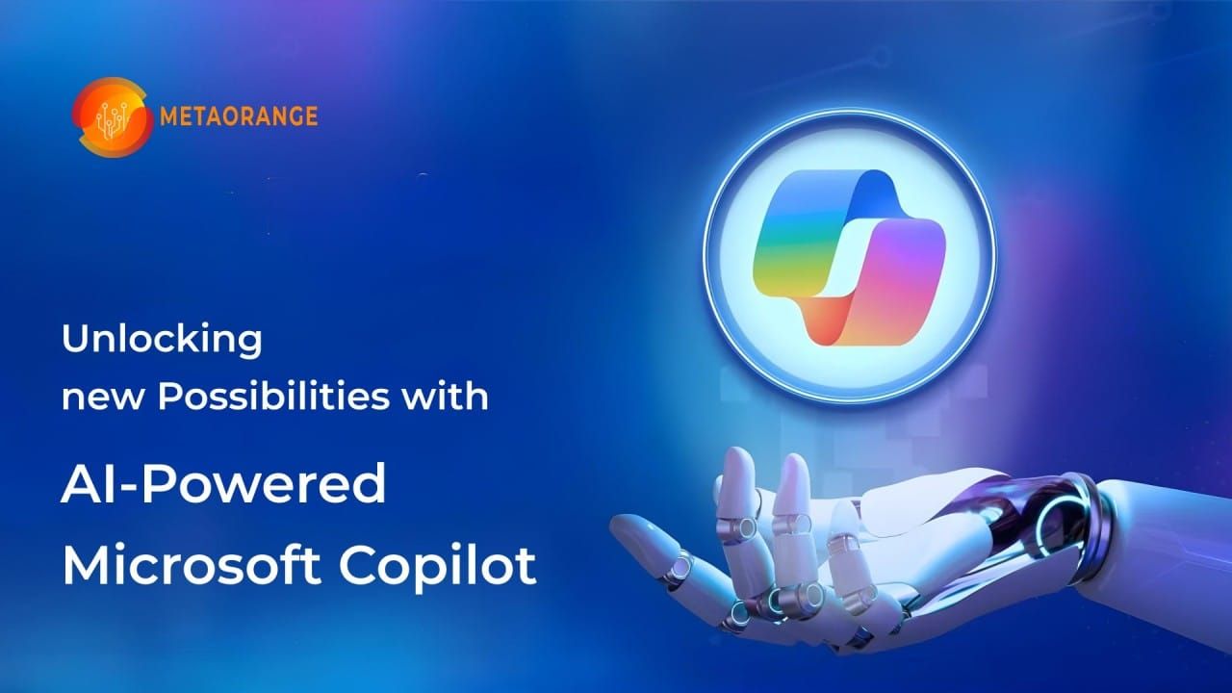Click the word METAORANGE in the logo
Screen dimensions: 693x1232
[x=239, y=116]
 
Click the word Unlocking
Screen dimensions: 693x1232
[x=162, y=341]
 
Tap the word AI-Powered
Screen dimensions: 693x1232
[x=223, y=484]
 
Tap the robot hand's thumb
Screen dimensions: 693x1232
[x=654, y=559]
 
